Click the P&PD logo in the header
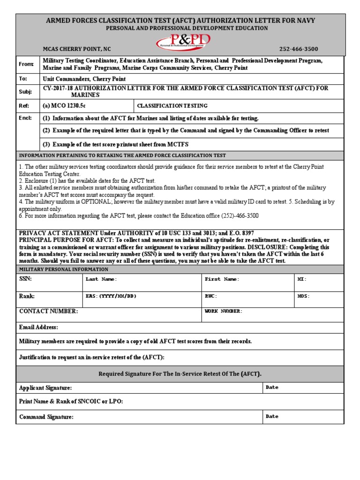pos(183,42)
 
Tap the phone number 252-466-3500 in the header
pos(299,49)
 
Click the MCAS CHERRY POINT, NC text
pos(77,49)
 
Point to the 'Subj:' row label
pos(24,91)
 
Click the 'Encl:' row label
pos(25,118)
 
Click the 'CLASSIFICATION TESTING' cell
pos(172,106)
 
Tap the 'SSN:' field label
pos(25,279)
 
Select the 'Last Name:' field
pos(101,279)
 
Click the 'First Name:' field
pos(222,279)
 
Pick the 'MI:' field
pos(302,279)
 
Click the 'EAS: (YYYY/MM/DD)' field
pos(111,296)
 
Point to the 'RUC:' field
pos(211,296)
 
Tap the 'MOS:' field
pos(303,296)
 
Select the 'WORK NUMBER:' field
pos(224,311)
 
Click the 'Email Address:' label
pos(38,327)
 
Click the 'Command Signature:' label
pos(46,417)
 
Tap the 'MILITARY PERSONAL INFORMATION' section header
pos(63,269)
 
